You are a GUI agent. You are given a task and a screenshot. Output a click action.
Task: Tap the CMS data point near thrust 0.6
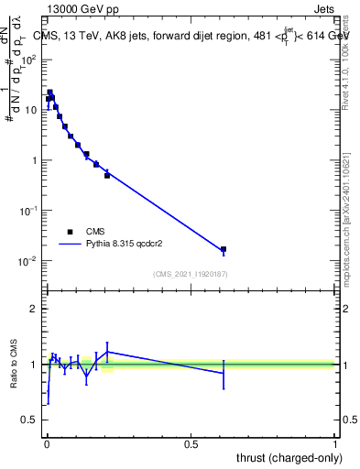224,249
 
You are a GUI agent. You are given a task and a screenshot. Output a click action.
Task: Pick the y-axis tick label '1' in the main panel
35,160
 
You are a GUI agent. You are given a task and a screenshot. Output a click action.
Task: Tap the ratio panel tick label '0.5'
30,420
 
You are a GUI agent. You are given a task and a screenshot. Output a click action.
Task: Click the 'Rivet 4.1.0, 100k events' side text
346,60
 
